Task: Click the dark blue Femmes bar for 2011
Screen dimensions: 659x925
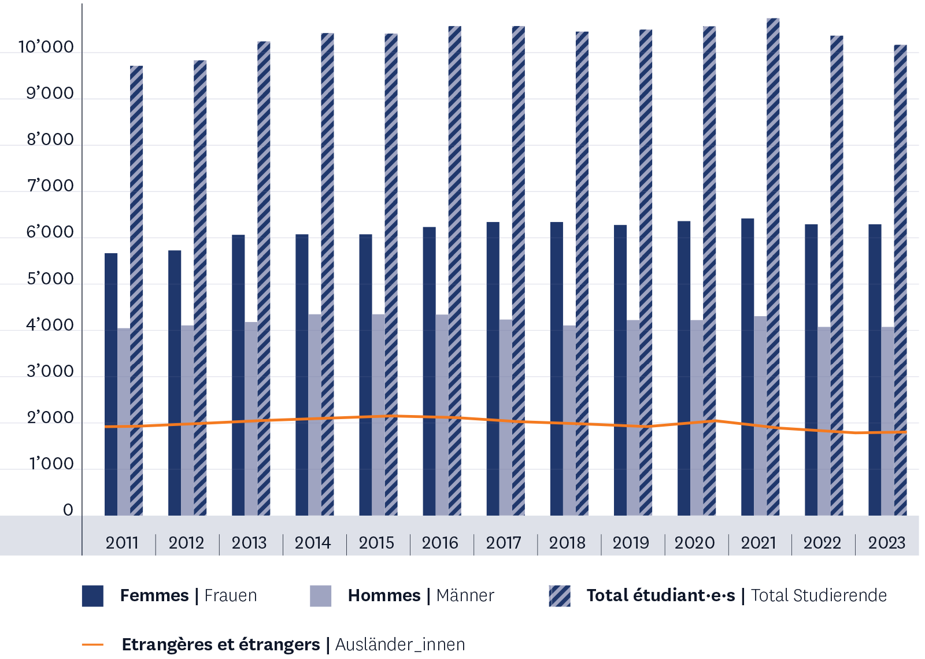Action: (111, 384)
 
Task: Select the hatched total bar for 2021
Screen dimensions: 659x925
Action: (773, 266)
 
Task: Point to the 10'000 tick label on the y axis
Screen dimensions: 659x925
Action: (46, 47)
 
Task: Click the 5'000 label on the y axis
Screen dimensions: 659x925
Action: (50, 279)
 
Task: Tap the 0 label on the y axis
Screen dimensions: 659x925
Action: (68, 510)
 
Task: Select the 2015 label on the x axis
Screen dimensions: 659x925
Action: (376, 543)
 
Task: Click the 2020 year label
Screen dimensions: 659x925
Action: (694, 543)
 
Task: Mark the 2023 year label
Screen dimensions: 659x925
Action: (886, 543)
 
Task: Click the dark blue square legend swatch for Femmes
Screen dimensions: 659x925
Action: (92, 596)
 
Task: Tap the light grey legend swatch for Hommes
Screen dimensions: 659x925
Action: (321, 596)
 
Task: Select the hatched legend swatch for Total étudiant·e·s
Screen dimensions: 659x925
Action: (560, 596)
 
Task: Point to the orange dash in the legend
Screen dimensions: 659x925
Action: (92, 645)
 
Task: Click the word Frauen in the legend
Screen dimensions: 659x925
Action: (231, 595)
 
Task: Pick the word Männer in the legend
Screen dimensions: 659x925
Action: (465, 595)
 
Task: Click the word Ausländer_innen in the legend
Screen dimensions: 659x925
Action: (400, 645)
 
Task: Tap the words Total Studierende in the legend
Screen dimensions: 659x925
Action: (819, 595)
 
